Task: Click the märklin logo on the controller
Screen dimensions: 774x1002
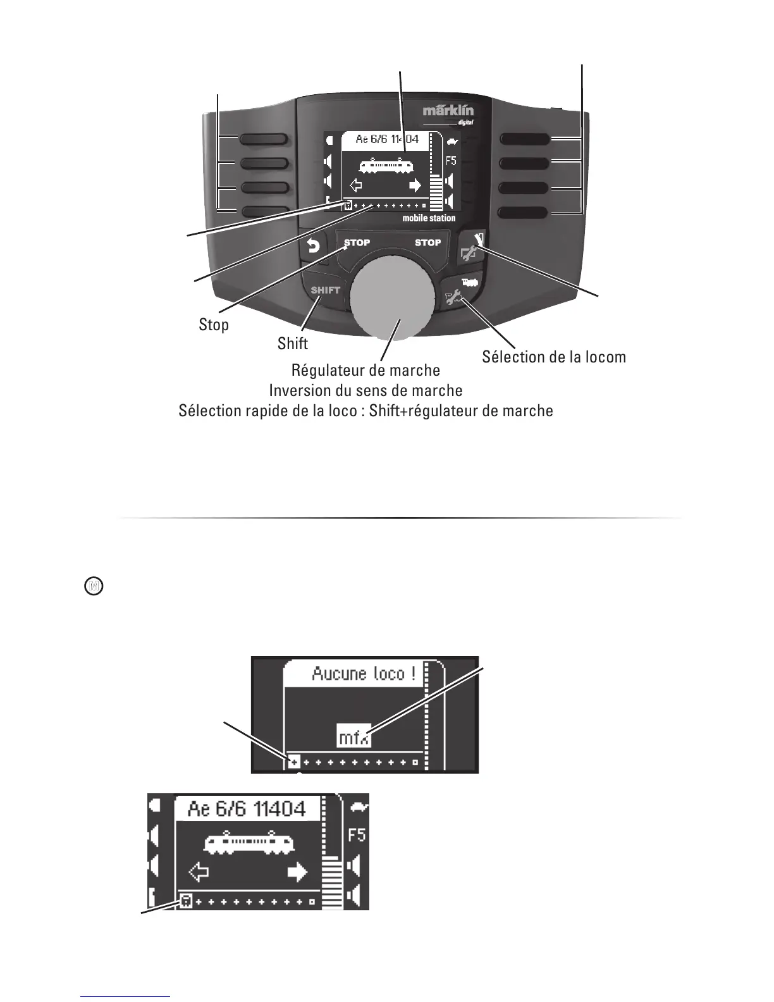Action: (448, 111)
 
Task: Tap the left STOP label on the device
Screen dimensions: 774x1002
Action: (357, 243)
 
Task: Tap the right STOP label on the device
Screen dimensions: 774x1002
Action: (427, 243)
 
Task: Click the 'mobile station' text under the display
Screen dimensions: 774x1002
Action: (429, 218)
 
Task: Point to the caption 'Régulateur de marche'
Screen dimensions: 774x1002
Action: (365, 369)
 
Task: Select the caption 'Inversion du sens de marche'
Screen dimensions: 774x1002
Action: (365, 390)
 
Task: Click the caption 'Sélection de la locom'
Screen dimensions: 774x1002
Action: (554, 357)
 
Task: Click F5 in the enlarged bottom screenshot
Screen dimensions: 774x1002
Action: (357, 835)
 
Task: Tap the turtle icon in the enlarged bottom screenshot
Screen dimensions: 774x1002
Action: (358, 808)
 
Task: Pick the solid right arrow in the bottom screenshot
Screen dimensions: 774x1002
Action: (297, 873)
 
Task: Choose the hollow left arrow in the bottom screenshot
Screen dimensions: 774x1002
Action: (199, 874)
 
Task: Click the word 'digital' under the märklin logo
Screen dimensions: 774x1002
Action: (465, 123)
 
